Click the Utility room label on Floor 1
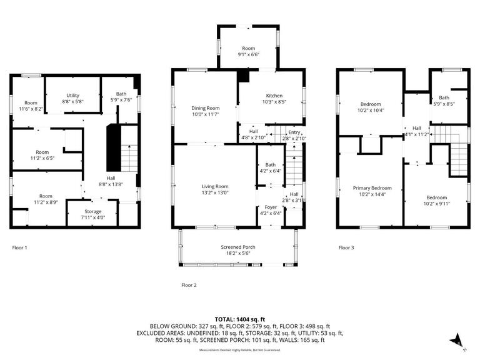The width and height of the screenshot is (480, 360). [x=73, y=95]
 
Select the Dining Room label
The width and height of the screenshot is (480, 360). [x=206, y=108]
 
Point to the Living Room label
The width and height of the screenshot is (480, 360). [x=214, y=186]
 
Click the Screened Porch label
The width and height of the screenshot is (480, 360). [x=237, y=247]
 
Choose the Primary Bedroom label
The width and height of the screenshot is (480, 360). [x=372, y=188]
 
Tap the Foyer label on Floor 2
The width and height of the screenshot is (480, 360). [x=271, y=207]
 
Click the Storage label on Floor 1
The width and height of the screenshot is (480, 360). [x=93, y=212]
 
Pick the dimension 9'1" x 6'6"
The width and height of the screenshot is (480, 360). [x=249, y=54]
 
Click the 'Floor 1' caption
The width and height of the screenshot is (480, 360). [x=20, y=248]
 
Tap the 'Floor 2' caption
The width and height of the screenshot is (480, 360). [x=189, y=285]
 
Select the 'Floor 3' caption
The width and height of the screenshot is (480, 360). [x=346, y=248]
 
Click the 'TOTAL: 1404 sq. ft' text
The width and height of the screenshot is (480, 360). [x=240, y=319]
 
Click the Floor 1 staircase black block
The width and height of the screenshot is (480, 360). [x=112, y=147]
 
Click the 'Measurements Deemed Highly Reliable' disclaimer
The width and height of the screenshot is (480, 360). [x=240, y=350]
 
